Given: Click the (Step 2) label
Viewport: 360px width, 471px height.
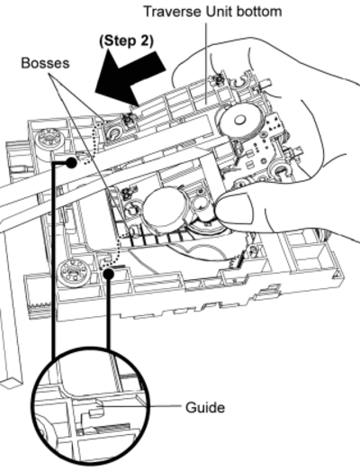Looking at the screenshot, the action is pyautogui.click(x=126, y=41).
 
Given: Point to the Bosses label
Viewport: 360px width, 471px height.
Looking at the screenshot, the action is pyautogui.click(x=45, y=63).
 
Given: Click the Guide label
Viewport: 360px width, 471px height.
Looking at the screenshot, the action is pyautogui.click(x=205, y=408).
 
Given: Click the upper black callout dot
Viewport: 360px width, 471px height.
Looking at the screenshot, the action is pyautogui.click(x=71, y=163).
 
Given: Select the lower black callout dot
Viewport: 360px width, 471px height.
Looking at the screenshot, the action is pyautogui.click(x=109, y=274).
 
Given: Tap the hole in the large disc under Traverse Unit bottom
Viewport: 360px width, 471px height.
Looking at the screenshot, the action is pyautogui.click(x=239, y=120).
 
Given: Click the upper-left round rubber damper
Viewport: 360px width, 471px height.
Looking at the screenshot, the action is pyautogui.click(x=49, y=140).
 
